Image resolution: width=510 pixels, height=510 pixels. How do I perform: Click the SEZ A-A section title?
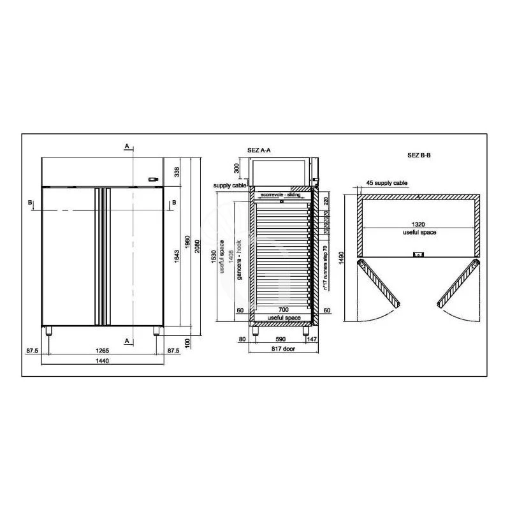point(259,150)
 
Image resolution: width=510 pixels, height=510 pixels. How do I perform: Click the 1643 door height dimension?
point(177,256)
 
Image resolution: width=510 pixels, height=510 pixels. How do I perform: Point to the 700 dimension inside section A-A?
point(282,309)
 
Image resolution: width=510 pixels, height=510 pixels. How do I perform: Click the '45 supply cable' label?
point(386,183)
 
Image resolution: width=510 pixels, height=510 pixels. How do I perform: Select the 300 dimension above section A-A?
point(237,168)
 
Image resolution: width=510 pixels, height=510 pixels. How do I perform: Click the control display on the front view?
point(153,180)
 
